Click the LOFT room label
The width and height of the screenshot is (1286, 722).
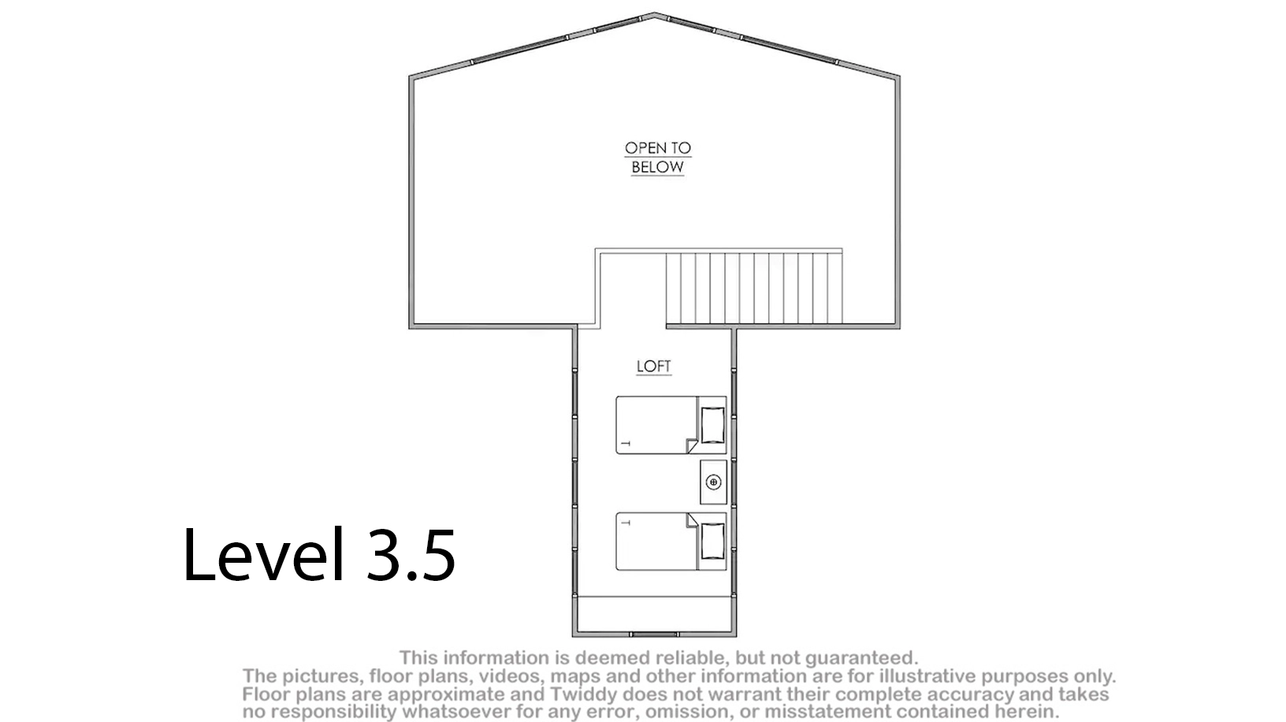654,367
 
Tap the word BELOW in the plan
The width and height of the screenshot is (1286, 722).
658,167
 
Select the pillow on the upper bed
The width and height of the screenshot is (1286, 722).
712,425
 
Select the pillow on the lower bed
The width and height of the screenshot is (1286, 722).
712,541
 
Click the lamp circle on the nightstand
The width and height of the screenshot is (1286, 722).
714,482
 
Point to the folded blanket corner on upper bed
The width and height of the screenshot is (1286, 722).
693,445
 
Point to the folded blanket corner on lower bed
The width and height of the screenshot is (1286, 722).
693,520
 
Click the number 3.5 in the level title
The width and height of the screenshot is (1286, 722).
411,555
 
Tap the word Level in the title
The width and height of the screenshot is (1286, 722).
263,553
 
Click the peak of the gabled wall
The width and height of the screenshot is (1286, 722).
654,13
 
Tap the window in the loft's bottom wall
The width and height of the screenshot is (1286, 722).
655,635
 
